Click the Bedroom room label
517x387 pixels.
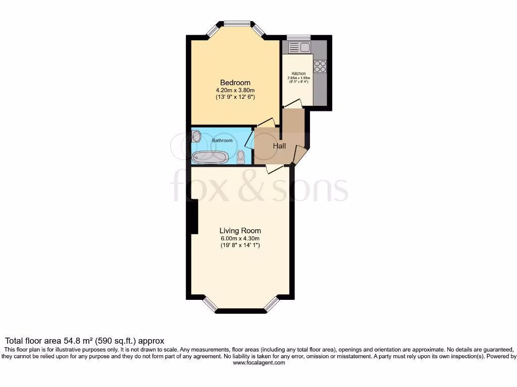click(235, 83)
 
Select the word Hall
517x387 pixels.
click(279, 146)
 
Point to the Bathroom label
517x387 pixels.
click(222, 141)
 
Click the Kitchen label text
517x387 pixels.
click(299, 74)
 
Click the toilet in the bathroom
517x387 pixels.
click(241, 158)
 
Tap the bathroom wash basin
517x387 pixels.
click(196, 136)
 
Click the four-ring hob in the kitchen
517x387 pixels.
click(320, 66)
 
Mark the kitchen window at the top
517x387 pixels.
click(298, 37)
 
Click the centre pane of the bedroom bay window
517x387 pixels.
click(237, 23)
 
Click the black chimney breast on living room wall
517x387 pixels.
click(194, 217)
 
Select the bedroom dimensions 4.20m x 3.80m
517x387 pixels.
click(235, 91)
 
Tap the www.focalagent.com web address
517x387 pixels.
click(258, 362)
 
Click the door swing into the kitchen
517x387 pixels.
click(292, 104)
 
